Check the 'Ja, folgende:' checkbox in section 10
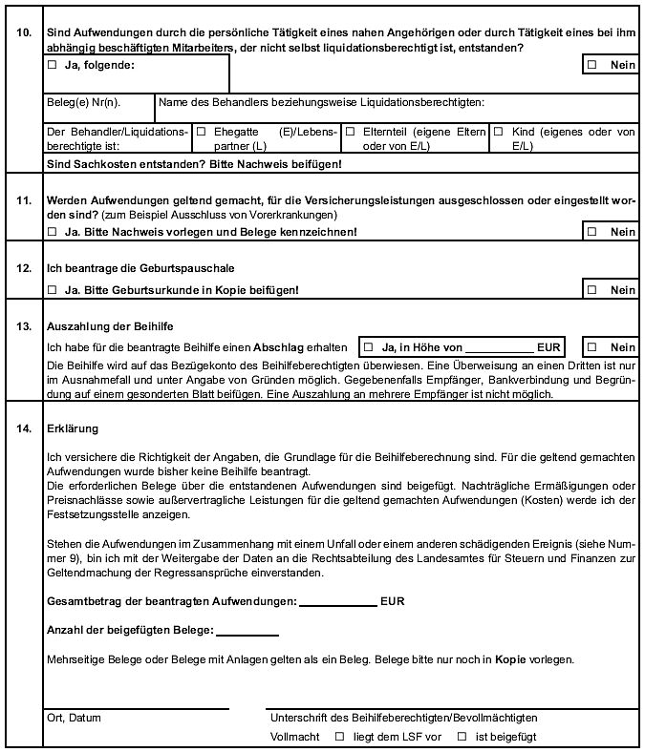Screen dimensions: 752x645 point(52,66)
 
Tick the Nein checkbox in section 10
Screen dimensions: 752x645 point(592,65)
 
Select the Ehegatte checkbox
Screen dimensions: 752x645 point(202,132)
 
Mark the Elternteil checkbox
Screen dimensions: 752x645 point(351,132)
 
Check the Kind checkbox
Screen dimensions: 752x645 point(498,132)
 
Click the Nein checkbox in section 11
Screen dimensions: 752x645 point(592,232)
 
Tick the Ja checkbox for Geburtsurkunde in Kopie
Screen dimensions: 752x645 point(52,289)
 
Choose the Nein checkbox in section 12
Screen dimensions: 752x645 point(592,289)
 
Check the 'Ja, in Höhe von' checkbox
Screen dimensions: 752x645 point(368,346)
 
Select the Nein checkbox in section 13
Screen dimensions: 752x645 point(592,346)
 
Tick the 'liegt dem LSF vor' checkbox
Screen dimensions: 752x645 point(338,736)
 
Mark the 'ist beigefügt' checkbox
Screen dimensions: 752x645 point(462,736)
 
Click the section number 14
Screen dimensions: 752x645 point(25,429)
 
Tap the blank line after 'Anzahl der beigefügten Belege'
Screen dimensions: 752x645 point(247,632)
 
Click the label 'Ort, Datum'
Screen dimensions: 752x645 point(74,718)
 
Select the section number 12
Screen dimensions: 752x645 point(25,268)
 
